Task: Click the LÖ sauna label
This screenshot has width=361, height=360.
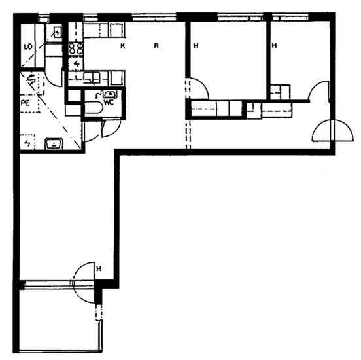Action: tap(28, 46)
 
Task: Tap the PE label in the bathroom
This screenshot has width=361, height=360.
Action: tap(26, 103)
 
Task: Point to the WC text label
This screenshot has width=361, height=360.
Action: tap(109, 103)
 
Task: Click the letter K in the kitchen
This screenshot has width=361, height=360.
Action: tap(123, 46)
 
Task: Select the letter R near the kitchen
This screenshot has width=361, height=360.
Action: tap(156, 46)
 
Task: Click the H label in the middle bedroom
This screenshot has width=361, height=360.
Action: tap(196, 46)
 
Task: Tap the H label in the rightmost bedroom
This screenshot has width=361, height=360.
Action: tap(274, 45)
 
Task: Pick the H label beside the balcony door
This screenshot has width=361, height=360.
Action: tap(99, 268)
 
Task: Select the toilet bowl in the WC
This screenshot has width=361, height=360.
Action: tap(93, 108)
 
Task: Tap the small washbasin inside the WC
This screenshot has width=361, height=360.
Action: tap(110, 94)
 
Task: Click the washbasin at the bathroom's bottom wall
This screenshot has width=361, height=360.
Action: tap(54, 143)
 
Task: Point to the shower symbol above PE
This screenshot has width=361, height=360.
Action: tap(31, 79)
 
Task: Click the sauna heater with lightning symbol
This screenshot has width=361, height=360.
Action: tap(56, 33)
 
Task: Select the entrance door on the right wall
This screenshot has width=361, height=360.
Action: tap(332, 131)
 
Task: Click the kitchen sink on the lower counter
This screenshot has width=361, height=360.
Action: tap(92, 77)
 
